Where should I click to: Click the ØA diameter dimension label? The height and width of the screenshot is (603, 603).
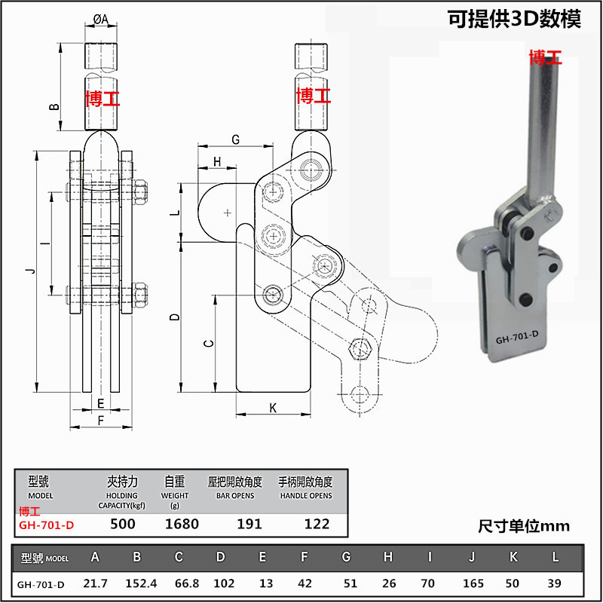pyautogui.click(x=101, y=19)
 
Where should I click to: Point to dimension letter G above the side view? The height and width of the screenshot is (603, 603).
pyautogui.click(x=235, y=139)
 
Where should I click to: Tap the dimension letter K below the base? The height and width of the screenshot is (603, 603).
pyautogui.click(x=273, y=408)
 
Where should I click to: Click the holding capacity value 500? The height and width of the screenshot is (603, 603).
pyautogui.click(x=123, y=524)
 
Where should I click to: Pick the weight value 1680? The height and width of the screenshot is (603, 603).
pyautogui.click(x=182, y=524)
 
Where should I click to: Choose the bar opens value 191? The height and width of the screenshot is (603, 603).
pyautogui.click(x=249, y=524)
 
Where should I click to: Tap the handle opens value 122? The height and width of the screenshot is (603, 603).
pyautogui.click(x=317, y=524)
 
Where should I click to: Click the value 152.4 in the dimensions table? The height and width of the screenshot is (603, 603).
pyautogui.click(x=141, y=583)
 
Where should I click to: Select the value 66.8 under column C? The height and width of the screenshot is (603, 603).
pyautogui.click(x=187, y=583)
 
